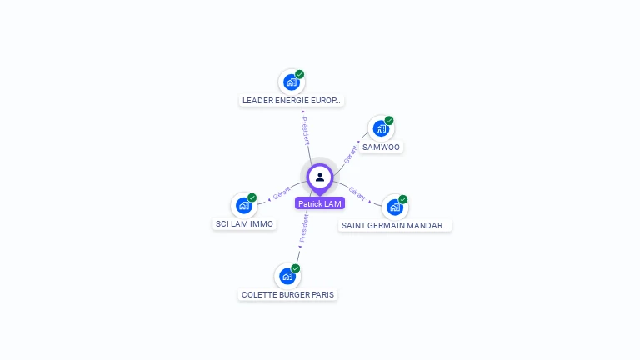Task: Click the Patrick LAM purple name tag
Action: coord(320,203)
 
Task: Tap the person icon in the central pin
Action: coord(320,177)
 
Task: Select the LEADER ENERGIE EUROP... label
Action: coord(292,100)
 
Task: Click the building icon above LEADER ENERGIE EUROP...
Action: coord(292,82)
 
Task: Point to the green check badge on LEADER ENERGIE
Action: coord(300,74)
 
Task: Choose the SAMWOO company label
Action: coord(381,147)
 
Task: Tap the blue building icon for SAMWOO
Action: coord(381,129)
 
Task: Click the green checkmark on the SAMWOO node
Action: coord(389,120)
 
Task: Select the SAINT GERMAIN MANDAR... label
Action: coord(395,225)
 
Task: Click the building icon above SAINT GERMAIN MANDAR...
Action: coord(395,207)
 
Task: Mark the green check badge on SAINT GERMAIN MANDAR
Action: coord(402,199)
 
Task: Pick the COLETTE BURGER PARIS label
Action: coord(287,295)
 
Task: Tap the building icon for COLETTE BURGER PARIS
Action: coord(287,277)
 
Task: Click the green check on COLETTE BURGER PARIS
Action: coord(296,268)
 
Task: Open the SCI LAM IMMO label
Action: coord(244,223)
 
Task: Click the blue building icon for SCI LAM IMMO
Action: coord(244,206)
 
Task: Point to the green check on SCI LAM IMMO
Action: coord(252,197)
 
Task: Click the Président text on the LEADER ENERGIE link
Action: coord(305,131)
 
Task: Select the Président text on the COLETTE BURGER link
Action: coord(303,227)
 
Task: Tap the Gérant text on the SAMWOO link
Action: coord(350,154)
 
